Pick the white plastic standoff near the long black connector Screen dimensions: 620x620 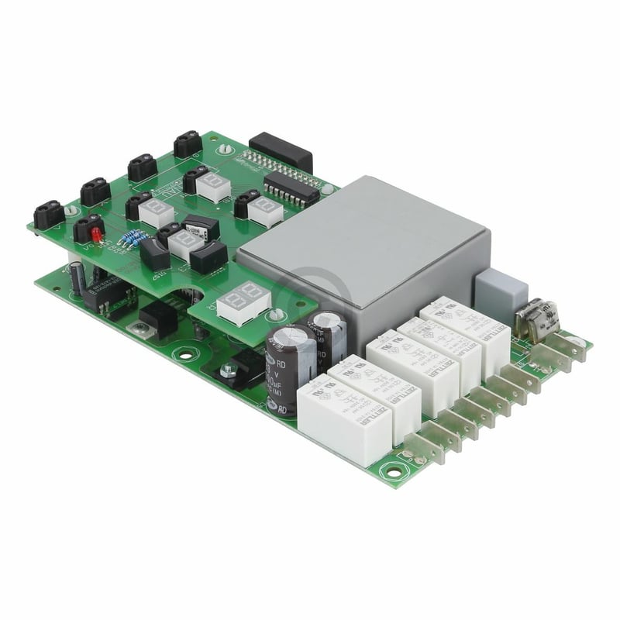(x=224, y=147)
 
